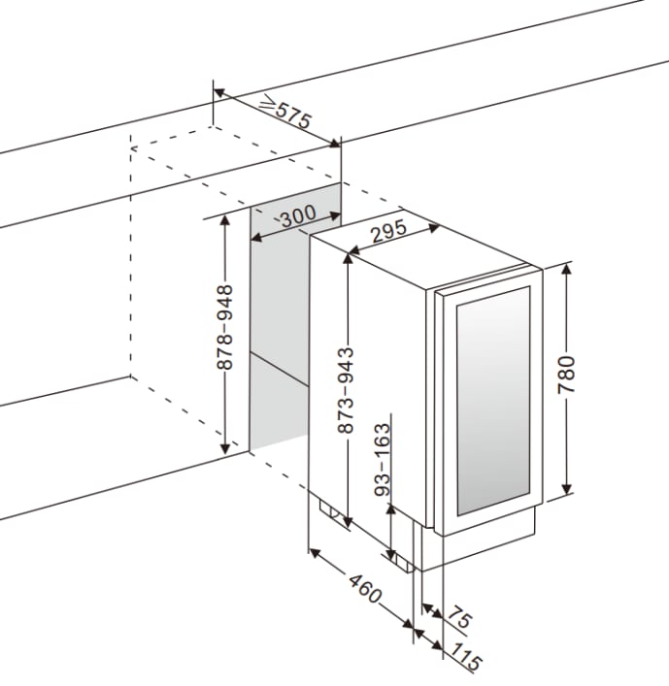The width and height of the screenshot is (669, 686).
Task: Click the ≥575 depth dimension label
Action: coord(285,114)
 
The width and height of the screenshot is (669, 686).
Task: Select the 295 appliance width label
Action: coord(387,233)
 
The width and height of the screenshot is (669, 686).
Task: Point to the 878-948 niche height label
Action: coord(225,327)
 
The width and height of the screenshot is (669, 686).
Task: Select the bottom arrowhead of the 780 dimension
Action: coord(568,493)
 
